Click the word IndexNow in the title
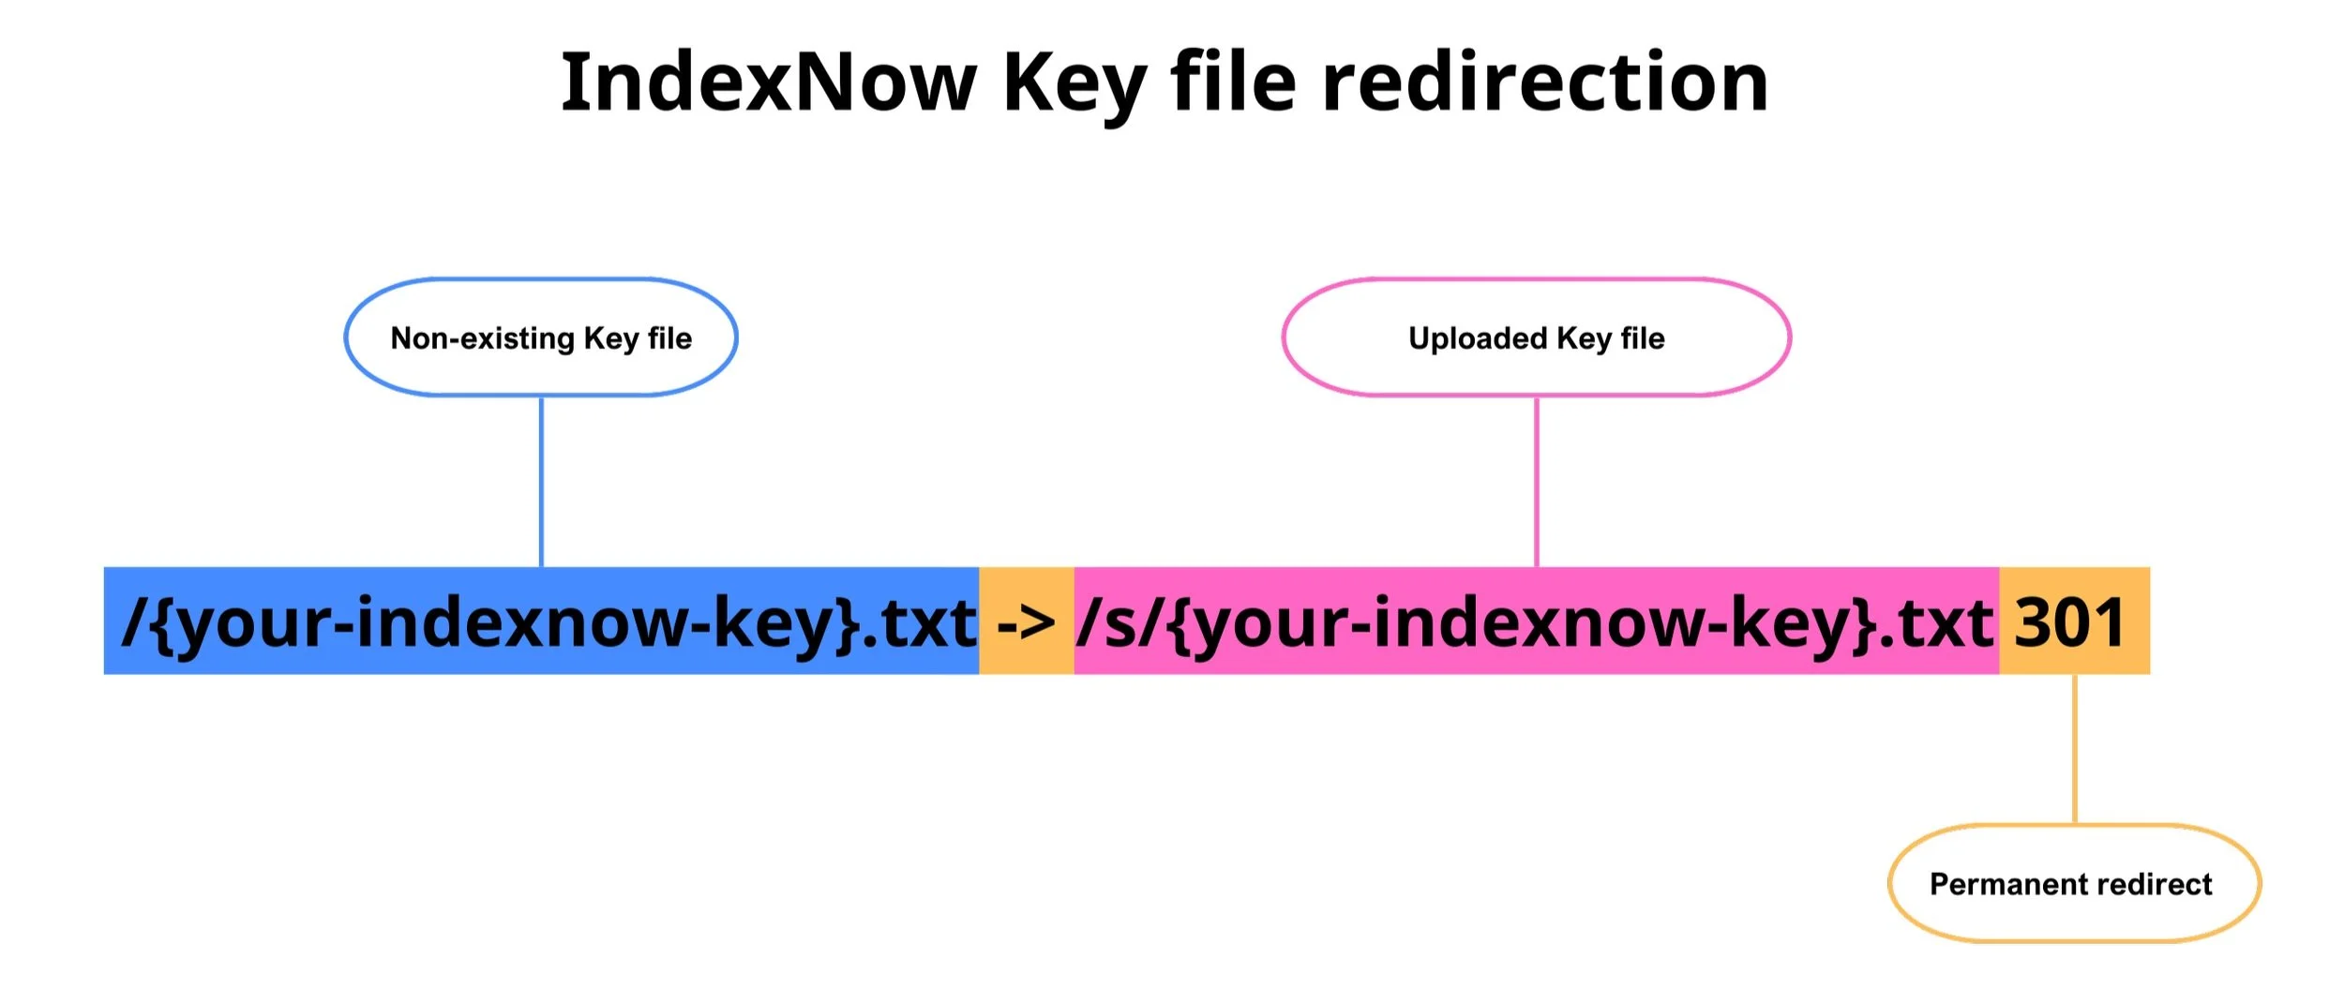coord(769,82)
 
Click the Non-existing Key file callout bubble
coord(541,337)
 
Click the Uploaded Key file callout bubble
coord(1536,337)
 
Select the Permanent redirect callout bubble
coord(2074,883)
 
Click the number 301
coord(2070,623)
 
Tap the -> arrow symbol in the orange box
coord(1026,623)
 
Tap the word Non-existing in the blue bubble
coord(482,337)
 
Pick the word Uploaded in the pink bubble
coord(1477,337)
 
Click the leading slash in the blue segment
coord(134,623)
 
